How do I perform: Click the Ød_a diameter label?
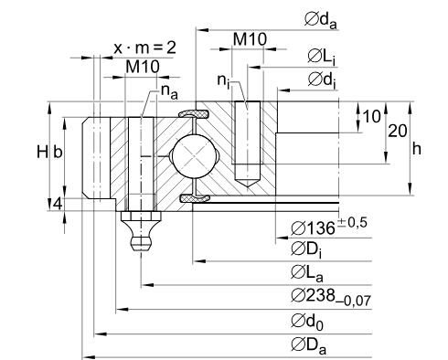321,21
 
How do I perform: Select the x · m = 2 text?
144,48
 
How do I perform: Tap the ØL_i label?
322,58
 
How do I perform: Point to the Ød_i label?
322,80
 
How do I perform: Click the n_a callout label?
169,91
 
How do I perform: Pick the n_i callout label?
223,80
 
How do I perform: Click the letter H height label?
42,152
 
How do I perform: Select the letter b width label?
58,152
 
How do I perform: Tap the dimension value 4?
58,204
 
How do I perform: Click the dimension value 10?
372,117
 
